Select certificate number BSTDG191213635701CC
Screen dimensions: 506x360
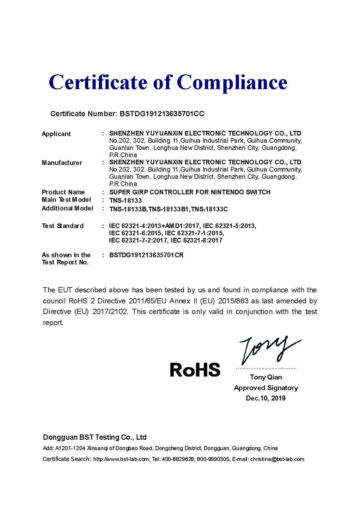pyautogui.click(x=160, y=114)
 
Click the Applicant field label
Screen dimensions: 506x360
pyautogui.click(x=56, y=134)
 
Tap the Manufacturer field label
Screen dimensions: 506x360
pyautogui.click(x=62, y=163)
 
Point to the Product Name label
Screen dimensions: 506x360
pyautogui.click(x=63, y=192)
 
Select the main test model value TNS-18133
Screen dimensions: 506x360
pyautogui.click(x=125, y=200)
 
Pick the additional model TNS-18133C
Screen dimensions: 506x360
pyautogui.click(x=210, y=209)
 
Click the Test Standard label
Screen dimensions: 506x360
pyautogui.click(x=63, y=226)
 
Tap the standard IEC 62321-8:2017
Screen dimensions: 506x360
pyautogui.click(x=197, y=240)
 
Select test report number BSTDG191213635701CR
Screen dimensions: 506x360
pyautogui.click(x=146, y=255)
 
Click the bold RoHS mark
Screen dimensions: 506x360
pyautogui.click(x=195, y=370)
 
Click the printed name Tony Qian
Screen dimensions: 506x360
pyautogui.click(x=266, y=377)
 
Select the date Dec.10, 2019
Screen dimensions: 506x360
pyautogui.click(x=265, y=398)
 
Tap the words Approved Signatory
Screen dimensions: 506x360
pyautogui.click(x=266, y=388)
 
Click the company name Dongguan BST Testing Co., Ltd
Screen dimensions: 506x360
pyautogui.click(x=95, y=437)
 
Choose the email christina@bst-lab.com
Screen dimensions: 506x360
pyautogui.click(x=277, y=459)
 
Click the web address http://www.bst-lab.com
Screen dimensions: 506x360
pyautogui.click(x=121, y=459)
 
